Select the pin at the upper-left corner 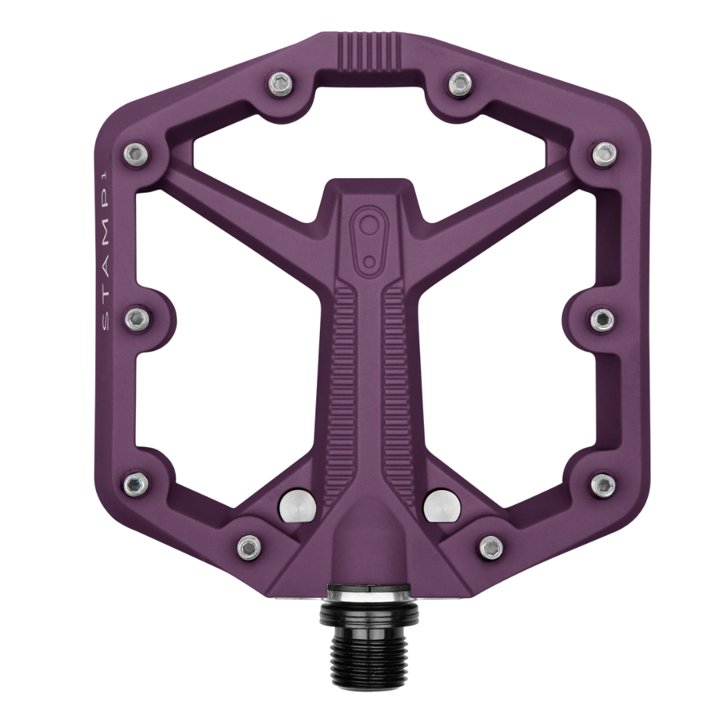[x=135, y=153]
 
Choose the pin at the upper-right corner [x=603, y=153]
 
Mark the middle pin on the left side [x=135, y=318]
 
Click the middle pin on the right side [x=602, y=318]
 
